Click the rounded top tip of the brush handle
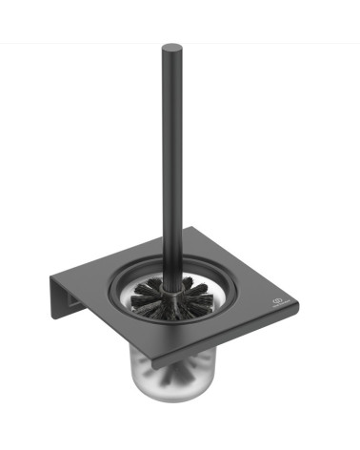(170, 47)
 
